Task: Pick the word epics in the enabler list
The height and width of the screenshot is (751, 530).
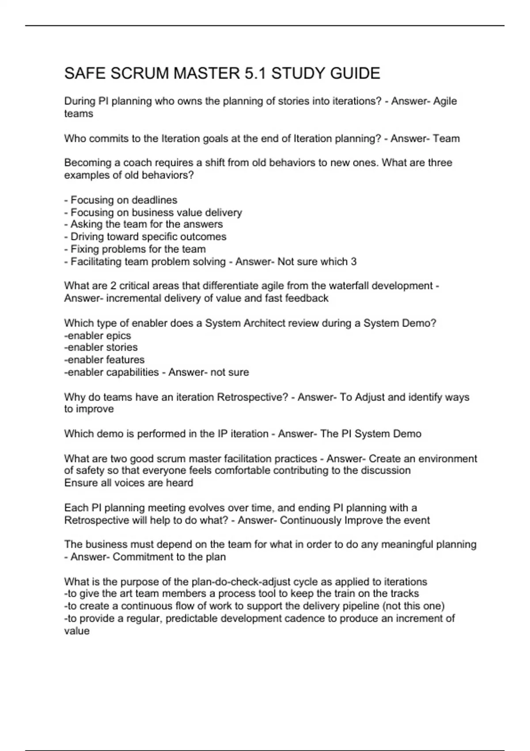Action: click(118, 336)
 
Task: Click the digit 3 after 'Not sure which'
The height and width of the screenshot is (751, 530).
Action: click(353, 262)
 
